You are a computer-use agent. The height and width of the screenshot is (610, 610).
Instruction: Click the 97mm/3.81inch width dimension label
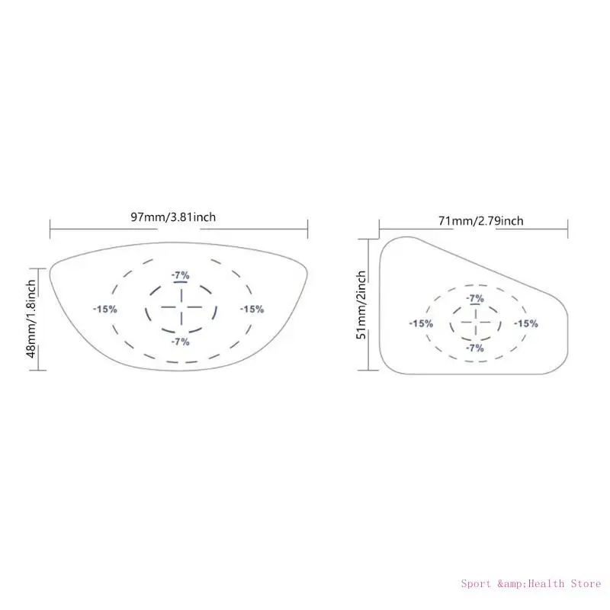pos(173,217)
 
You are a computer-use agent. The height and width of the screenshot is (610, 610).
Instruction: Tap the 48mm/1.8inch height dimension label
pos(31,319)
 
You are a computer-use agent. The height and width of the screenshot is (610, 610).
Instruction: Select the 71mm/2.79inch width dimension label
pos(481,221)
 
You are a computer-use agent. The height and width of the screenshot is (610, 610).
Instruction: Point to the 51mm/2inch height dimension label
pos(362,304)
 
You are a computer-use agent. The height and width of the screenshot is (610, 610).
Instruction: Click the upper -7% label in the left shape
pos(181,275)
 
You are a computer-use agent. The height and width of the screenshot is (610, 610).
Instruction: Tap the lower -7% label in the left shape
pos(181,342)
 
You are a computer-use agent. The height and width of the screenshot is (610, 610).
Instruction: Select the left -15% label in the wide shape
pos(104,309)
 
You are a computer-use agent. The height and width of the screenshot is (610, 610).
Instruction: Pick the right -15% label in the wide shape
pos(252,309)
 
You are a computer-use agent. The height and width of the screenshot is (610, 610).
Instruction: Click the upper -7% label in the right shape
pos(475,298)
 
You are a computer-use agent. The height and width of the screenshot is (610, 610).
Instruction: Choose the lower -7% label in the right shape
pos(475,348)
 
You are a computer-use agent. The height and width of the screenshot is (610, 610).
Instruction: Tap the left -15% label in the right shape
pos(421,323)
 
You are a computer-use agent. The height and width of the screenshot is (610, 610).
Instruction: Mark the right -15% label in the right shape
pos(525,323)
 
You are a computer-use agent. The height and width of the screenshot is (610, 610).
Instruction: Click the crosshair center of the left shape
pos(181,308)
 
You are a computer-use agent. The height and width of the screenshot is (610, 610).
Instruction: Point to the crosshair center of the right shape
pos(475,323)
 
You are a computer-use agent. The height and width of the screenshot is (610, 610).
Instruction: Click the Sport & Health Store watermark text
pos(530,584)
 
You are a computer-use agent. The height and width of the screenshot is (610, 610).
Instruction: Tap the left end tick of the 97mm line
pos(50,228)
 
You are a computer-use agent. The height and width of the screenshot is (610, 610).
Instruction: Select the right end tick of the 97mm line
pos(307,228)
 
